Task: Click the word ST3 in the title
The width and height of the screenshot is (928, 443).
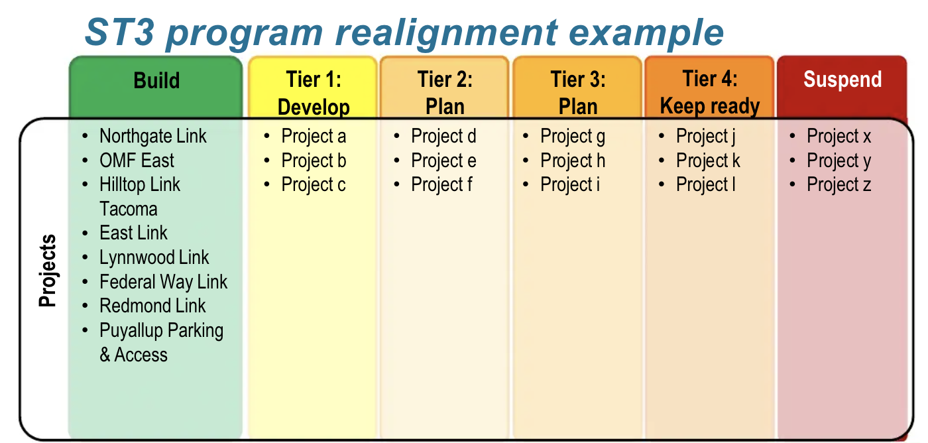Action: click(120, 32)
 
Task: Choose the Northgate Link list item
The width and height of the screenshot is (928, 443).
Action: click(153, 136)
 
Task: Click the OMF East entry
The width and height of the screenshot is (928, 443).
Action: click(137, 160)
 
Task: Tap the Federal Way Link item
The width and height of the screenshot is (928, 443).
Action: click(163, 282)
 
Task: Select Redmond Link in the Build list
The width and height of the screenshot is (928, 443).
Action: click(152, 306)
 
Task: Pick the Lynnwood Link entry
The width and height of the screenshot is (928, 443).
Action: click(154, 257)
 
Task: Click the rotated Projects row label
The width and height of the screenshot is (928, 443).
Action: click(47, 270)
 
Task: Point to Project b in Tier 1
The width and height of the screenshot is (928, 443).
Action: click(314, 160)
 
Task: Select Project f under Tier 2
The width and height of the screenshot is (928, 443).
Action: click(441, 185)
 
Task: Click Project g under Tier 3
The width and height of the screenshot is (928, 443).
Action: click(573, 137)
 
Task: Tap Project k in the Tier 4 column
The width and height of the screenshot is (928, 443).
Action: click(708, 160)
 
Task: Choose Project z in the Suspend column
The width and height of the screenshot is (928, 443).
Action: click(839, 185)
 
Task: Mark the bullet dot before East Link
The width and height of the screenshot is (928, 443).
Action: click(85, 233)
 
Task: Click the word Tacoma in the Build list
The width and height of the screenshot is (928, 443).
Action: click(129, 209)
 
